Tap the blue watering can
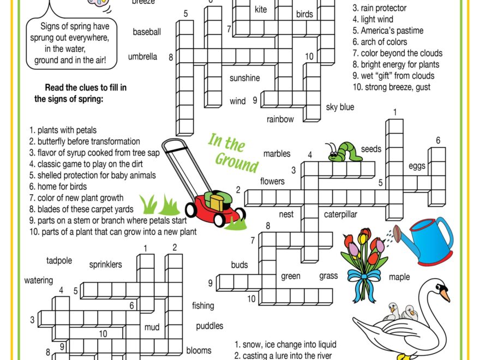tap(431, 240)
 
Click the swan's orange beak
tap(446, 295)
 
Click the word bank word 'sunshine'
tap(244, 78)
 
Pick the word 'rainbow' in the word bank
tap(280, 119)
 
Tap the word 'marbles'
tap(277, 154)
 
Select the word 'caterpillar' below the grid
tap(340, 214)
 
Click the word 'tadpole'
tap(59, 261)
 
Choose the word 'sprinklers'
tap(105, 265)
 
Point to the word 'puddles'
tap(209, 326)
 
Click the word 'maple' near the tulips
tap(399, 277)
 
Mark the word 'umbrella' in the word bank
tap(142, 56)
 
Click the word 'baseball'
tap(147, 32)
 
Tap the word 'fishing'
tap(203, 306)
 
